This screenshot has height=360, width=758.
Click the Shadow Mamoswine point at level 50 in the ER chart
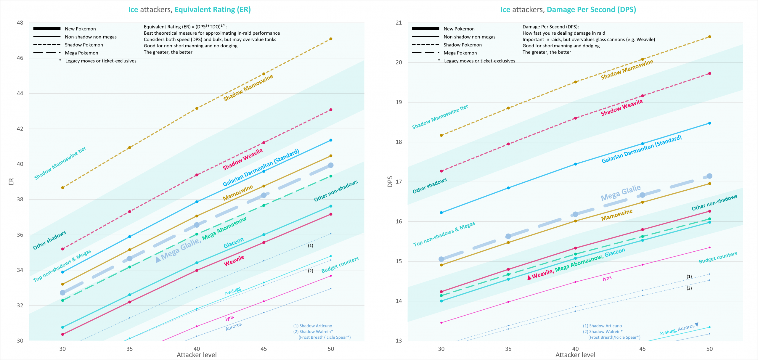click(x=331, y=39)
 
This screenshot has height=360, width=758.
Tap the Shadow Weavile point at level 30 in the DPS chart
click(x=441, y=171)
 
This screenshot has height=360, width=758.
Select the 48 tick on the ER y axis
click(x=20, y=23)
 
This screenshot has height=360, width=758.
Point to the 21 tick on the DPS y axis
click(x=399, y=23)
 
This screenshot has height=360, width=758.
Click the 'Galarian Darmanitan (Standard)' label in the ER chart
click(x=261, y=168)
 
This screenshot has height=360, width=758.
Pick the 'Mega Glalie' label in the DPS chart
click(x=620, y=193)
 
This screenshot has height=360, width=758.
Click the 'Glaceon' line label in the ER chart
click(x=233, y=243)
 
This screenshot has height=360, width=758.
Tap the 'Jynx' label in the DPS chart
click(x=607, y=278)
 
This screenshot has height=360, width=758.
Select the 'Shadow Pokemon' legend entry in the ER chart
click(x=84, y=45)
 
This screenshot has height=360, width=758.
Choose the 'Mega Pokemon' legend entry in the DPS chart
click(x=460, y=53)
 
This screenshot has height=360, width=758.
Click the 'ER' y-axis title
click(x=11, y=181)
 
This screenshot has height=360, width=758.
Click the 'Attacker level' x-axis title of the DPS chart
click(x=575, y=355)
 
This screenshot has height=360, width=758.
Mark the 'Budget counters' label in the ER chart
click(x=340, y=265)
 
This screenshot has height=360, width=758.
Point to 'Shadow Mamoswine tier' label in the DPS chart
click(x=440, y=117)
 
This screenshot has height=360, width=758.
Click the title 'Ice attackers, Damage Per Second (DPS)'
click(x=568, y=9)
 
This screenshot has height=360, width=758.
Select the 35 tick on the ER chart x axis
click(x=129, y=349)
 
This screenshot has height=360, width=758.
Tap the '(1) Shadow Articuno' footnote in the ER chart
click(x=313, y=326)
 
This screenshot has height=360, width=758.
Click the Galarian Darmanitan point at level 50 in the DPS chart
click(x=709, y=123)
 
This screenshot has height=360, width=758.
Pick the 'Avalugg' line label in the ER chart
click(x=233, y=291)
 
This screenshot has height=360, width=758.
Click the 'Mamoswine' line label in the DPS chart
click(x=617, y=215)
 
